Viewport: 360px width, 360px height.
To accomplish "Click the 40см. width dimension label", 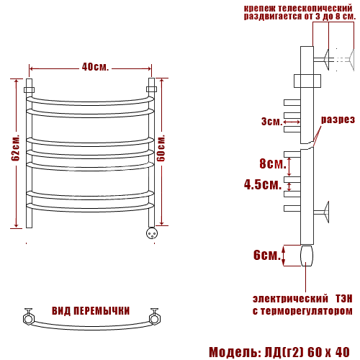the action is pos(95,67).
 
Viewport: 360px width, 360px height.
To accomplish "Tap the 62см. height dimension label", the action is pos(15,148).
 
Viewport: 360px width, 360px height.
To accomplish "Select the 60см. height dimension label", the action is pos(161,148).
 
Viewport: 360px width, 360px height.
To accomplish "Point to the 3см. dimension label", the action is pos(271,122).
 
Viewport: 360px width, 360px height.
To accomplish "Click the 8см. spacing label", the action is pos(273,163).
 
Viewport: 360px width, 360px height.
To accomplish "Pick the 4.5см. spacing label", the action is pos(263,184).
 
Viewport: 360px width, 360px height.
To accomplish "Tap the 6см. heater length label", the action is pos(267,255).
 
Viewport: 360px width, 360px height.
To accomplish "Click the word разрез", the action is pos(338,120).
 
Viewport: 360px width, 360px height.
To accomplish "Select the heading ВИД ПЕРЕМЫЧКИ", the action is pos(91,311).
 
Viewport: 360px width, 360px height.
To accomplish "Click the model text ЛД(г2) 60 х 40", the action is pos(307,352).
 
